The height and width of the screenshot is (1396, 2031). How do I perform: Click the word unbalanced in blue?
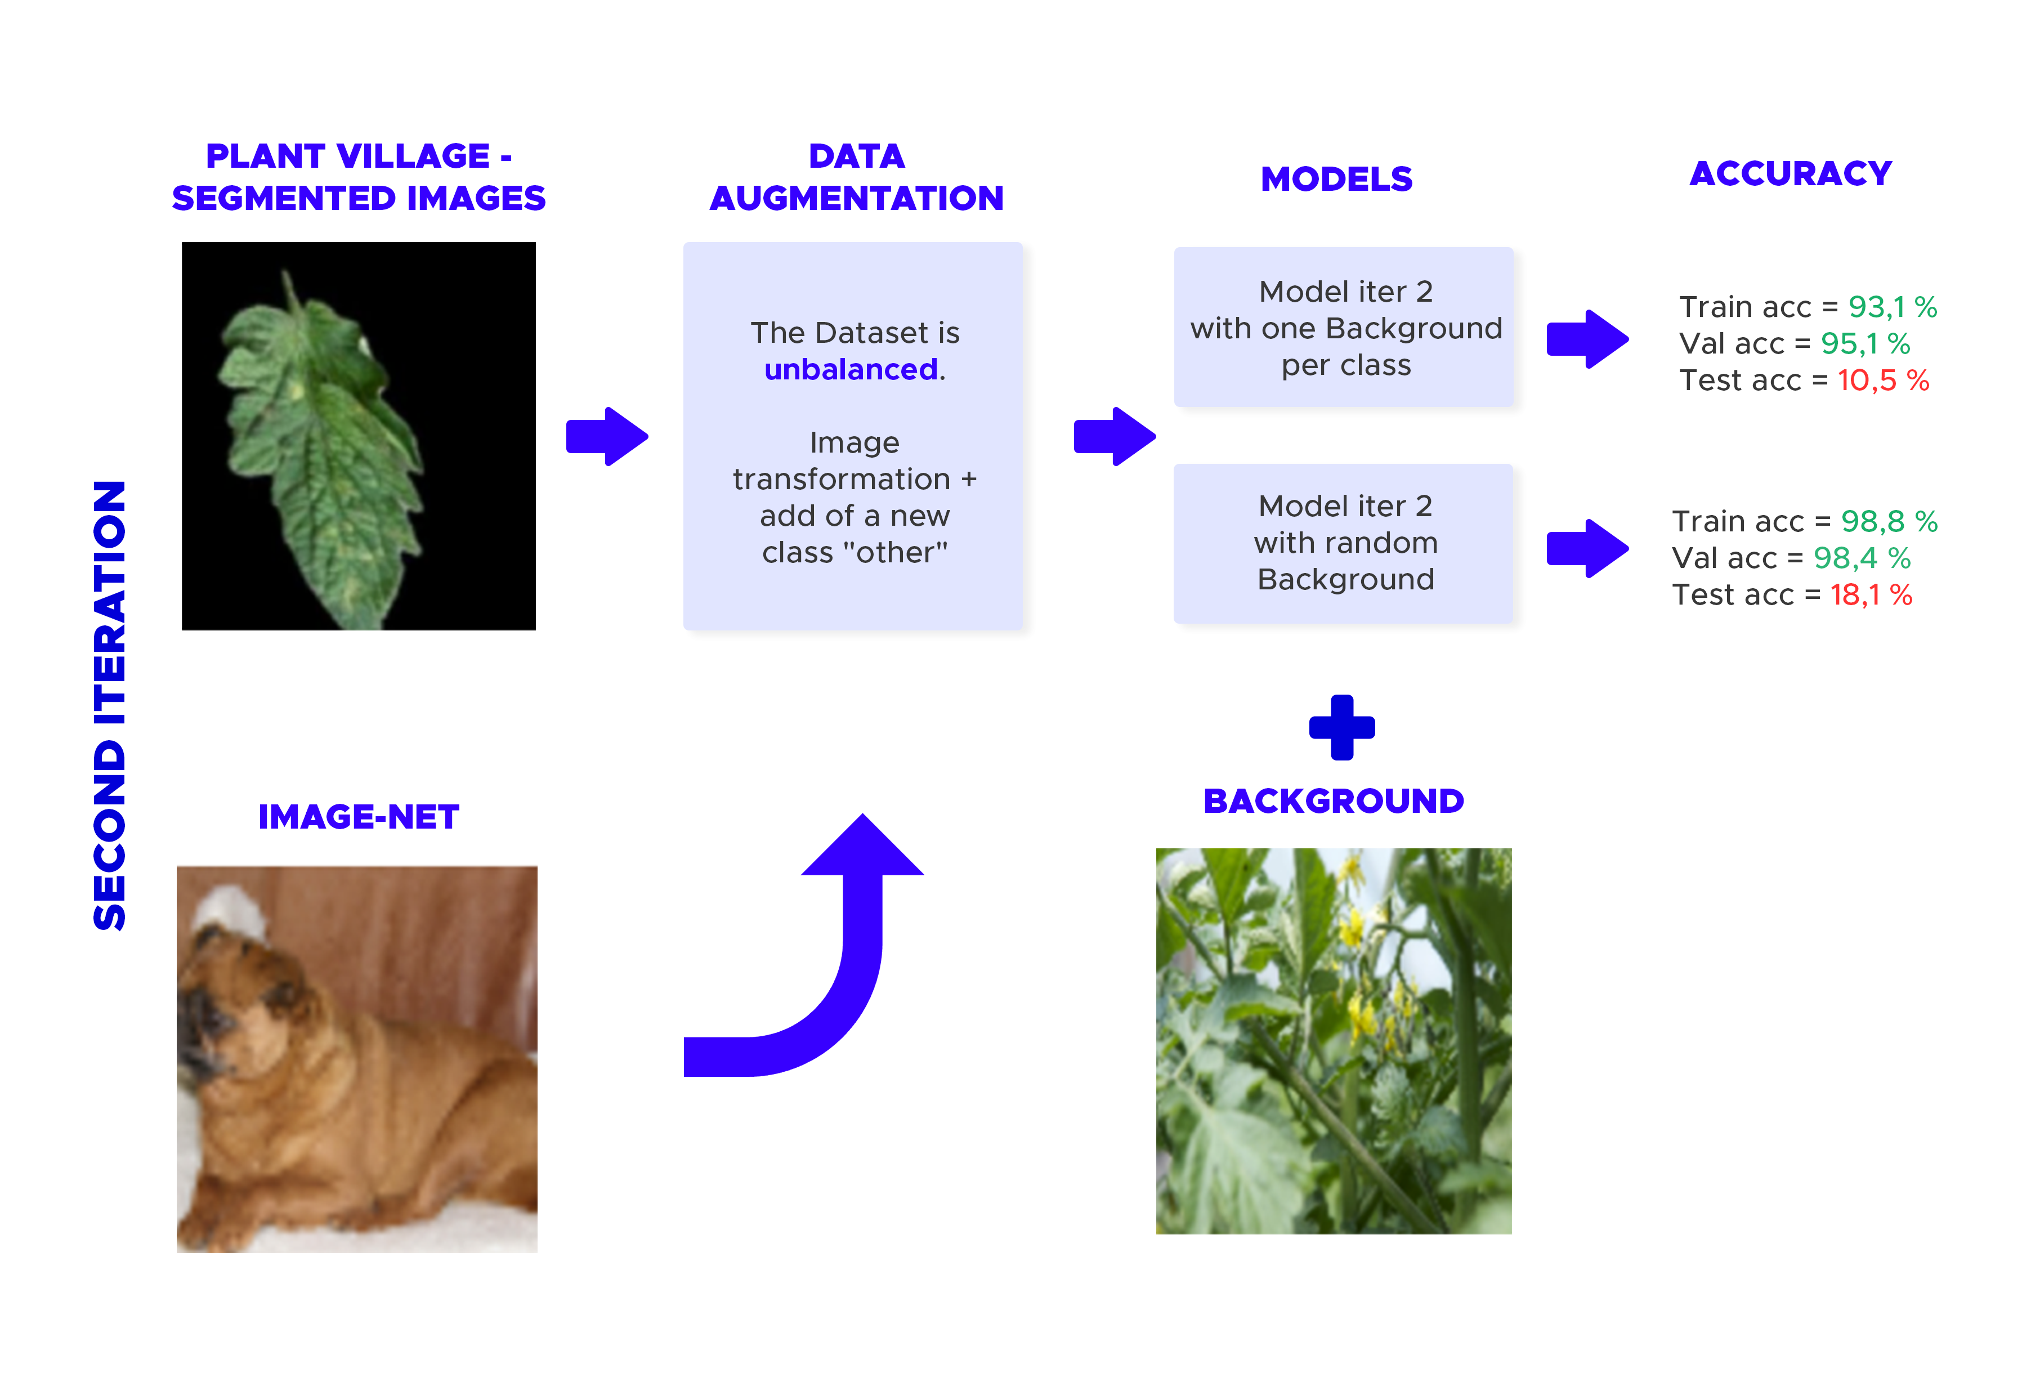(x=850, y=369)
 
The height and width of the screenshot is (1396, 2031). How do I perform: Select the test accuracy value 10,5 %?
(x=1883, y=381)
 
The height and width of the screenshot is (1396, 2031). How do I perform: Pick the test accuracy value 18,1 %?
(x=1871, y=595)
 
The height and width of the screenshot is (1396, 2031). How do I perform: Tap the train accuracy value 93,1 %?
(x=1892, y=307)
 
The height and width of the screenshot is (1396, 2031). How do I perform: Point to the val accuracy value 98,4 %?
(x=1862, y=558)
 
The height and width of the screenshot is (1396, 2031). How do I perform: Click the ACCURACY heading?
(x=1791, y=173)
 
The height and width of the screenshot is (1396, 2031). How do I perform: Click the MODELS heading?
(x=1336, y=180)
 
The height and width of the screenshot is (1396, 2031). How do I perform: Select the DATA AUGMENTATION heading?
(x=856, y=177)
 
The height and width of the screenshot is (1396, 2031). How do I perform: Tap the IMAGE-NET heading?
(x=359, y=817)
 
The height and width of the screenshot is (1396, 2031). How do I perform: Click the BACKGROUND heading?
(x=1334, y=801)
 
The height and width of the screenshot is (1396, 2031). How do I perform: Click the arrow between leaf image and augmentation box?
(x=607, y=436)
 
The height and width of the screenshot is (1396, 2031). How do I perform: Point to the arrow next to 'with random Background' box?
(x=1587, y=548)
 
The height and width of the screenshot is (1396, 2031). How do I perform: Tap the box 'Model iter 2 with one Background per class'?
(x=1344, y=327)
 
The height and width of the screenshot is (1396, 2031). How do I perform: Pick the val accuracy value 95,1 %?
(x=1866, y=344)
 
